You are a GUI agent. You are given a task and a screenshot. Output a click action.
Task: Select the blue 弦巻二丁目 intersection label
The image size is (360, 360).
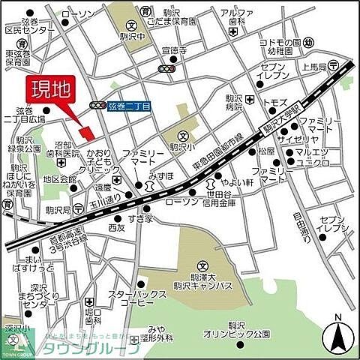click(129, 107)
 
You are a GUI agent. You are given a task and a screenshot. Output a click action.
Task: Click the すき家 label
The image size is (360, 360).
click(140, 218)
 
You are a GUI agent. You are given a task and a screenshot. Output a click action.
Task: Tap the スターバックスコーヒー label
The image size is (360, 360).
click(131, 298)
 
